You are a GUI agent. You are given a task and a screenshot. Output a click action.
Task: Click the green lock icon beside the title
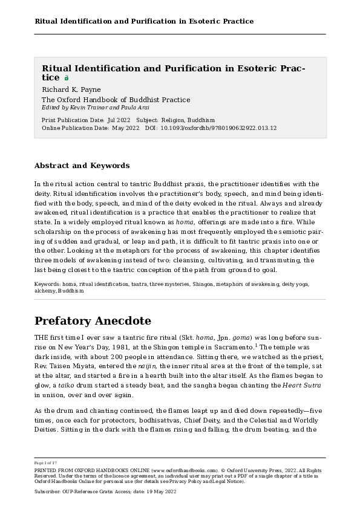tap(66, 78)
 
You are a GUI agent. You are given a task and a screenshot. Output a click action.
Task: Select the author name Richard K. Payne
tap(71, 89)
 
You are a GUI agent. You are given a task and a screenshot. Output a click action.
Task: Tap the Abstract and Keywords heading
tap(82, 166)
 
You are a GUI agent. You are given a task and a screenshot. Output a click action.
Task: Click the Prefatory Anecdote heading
tap(93, 320)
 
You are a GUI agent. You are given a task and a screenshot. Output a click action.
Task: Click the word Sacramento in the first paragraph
tap(230, 348)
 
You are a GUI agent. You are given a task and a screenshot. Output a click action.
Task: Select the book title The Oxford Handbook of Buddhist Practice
tap(116, 100)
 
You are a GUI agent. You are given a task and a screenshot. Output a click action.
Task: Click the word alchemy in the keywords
tap(45, 290)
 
